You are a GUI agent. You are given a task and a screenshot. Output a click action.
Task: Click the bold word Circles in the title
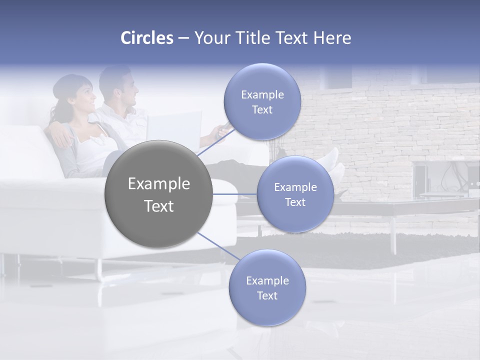coord(146,38)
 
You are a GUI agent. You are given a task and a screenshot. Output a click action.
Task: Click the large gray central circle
coord(158,194)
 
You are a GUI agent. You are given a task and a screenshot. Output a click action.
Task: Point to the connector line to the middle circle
coord(234,194)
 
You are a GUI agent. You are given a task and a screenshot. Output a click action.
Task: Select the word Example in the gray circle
coord(158,184)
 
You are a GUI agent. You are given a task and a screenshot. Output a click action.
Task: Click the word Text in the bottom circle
coord(267,295)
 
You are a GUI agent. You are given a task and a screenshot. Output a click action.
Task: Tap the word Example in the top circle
coord(262,94)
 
